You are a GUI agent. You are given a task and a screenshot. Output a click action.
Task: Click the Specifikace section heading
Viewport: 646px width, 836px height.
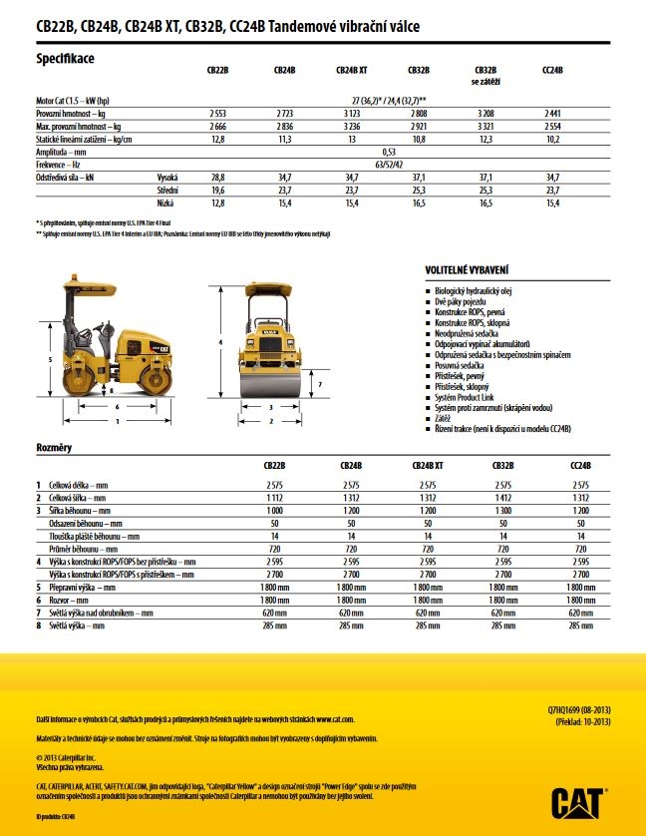click(66, 59)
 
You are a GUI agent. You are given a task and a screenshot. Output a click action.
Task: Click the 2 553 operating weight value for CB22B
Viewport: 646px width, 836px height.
click(218, 114)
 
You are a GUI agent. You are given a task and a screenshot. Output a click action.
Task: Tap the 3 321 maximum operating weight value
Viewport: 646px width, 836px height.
click(485, 127)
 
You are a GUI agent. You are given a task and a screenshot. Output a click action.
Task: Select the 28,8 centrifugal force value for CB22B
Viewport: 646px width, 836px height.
click(218, 176)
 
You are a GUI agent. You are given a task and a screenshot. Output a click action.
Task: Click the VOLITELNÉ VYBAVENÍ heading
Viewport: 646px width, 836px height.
click(468, 270)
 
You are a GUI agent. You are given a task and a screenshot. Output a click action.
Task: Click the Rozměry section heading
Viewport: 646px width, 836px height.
click(54, 448)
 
